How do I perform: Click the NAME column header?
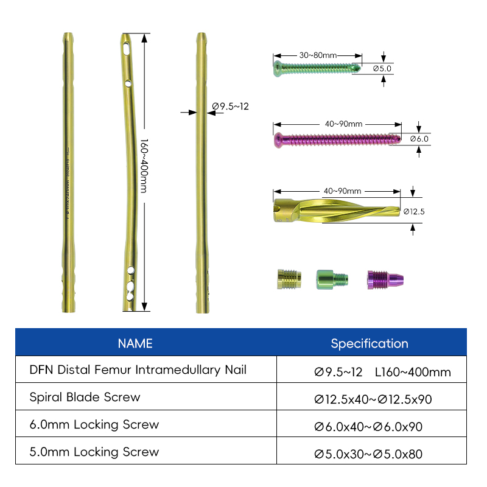135,343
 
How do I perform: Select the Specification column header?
370,343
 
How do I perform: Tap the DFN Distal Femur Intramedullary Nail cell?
138,370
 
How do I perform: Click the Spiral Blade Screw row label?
85,397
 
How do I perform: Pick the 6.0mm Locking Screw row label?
94,424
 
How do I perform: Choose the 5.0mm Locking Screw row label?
94,452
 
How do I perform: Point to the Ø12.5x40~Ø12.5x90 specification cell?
373,399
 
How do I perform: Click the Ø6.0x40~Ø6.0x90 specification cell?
368,427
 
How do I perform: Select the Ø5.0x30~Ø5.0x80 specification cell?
368,454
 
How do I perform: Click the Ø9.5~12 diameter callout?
231,107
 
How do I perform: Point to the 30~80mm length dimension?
318,55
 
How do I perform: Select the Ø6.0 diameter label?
419,139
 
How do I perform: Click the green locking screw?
317,68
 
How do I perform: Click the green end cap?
331,279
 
